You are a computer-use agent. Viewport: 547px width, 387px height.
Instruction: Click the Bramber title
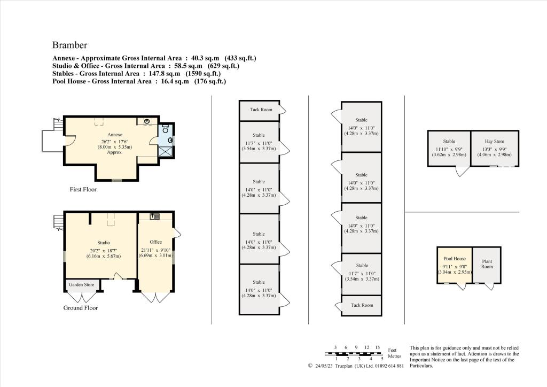coord(69,45)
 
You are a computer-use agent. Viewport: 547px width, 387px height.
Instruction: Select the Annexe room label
coord(115,134)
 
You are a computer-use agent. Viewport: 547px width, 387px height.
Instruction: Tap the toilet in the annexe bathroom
coord(165,129)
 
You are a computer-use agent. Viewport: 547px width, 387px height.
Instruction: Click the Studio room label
coord(103,243)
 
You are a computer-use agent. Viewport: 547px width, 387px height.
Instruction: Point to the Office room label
coord(155,242)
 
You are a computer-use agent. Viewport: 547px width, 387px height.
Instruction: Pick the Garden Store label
coord(82,285)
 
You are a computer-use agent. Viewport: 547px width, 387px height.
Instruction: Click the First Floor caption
coord(83,189)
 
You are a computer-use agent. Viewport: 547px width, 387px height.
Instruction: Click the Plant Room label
coord(487,264)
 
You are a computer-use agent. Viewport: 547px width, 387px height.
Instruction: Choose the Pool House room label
coord(455,258)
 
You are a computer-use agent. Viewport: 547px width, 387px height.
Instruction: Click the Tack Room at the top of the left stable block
coord(261,110)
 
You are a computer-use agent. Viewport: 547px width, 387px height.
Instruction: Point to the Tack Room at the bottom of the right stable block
coord(362,305)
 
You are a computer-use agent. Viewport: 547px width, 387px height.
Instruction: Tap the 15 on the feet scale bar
coord(377,347)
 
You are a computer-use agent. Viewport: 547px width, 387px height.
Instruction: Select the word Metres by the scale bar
coord(395,355)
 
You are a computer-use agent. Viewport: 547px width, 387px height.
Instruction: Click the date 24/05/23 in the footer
coord(326,366)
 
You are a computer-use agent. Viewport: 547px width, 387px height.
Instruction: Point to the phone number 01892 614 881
coord(385,366)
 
